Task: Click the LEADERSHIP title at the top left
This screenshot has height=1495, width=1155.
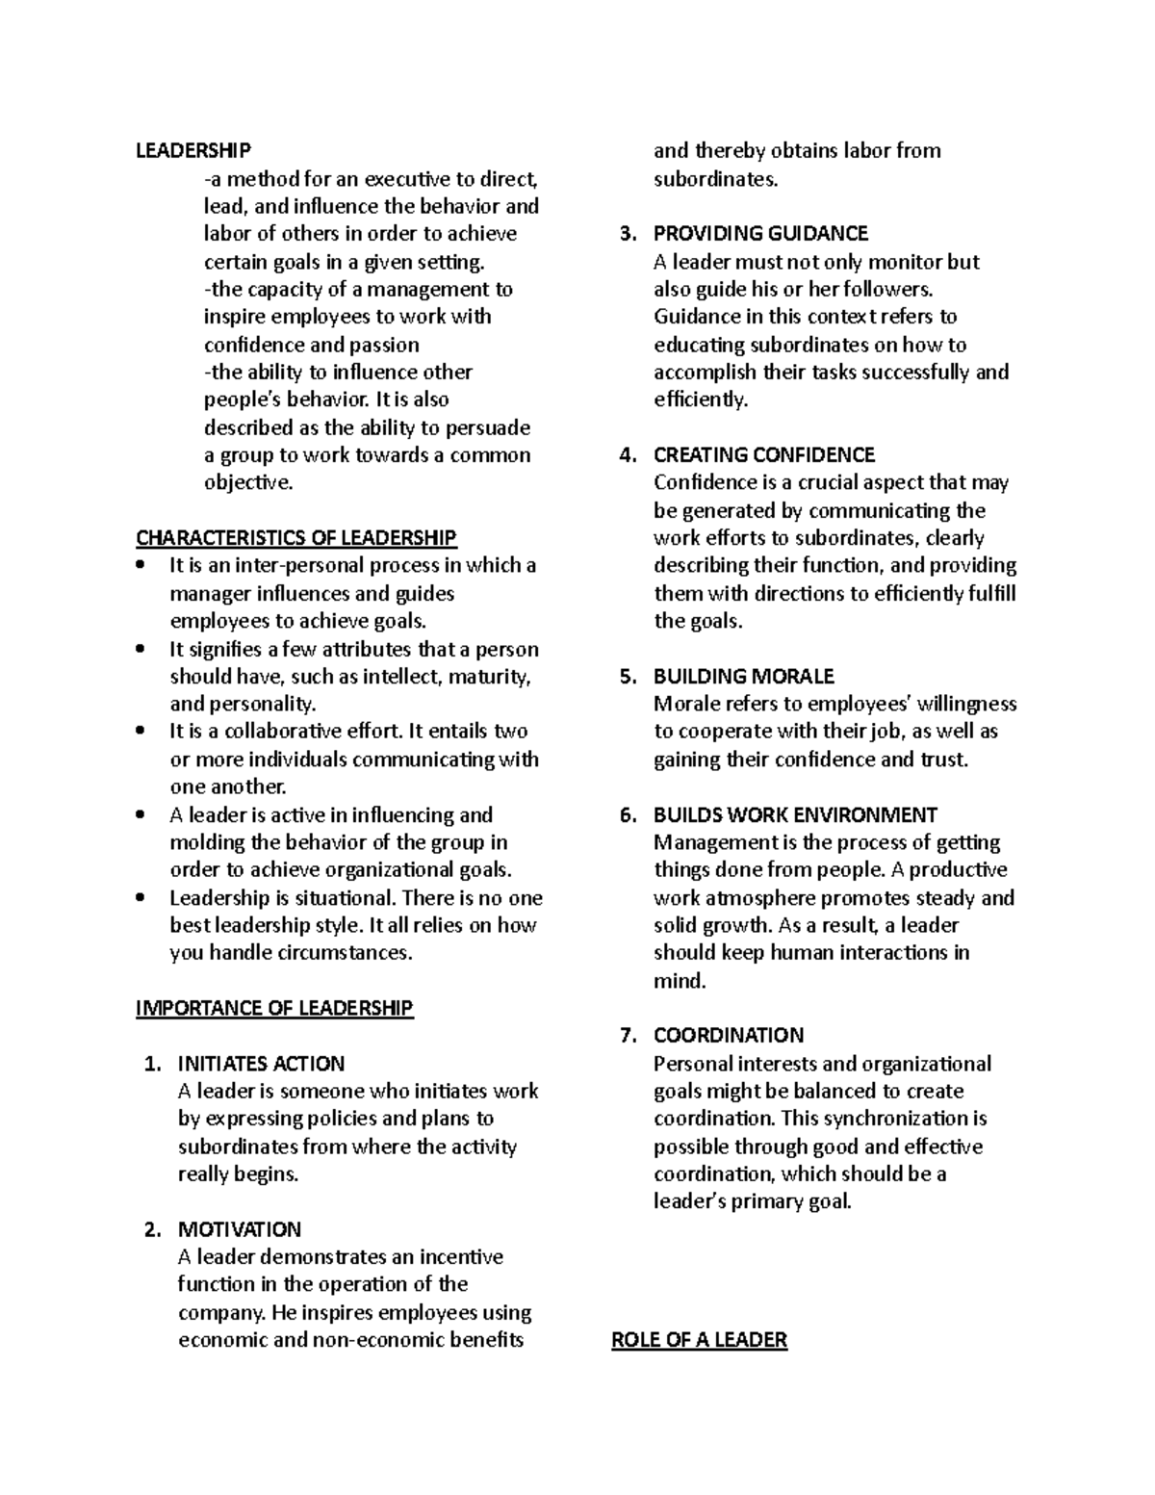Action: pos(193,150)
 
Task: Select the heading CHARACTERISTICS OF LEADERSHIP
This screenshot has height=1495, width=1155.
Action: pos(296,537)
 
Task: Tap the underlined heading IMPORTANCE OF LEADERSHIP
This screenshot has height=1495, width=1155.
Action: pos(274,1008)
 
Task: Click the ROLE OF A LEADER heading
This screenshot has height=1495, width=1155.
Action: pos(700,1340)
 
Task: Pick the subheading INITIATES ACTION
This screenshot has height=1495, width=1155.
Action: pos(261,1064)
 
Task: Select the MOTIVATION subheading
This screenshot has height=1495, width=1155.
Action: pos(240,1229)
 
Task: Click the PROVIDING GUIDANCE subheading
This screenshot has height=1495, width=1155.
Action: pos(760,234)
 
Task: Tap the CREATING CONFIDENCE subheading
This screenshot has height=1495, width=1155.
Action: pos(764,454)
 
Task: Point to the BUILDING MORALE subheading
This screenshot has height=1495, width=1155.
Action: pos(744,676)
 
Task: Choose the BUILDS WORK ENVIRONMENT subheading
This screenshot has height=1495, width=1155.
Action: pos(795,814)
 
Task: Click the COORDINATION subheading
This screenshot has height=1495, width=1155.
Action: pos(729,1036)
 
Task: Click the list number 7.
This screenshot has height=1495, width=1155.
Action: pos(628,1036)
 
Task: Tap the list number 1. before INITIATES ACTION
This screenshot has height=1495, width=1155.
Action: pos(151,1064)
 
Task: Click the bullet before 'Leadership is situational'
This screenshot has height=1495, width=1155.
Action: pos(141,898)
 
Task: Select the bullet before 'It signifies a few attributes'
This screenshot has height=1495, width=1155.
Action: pos(141,650)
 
